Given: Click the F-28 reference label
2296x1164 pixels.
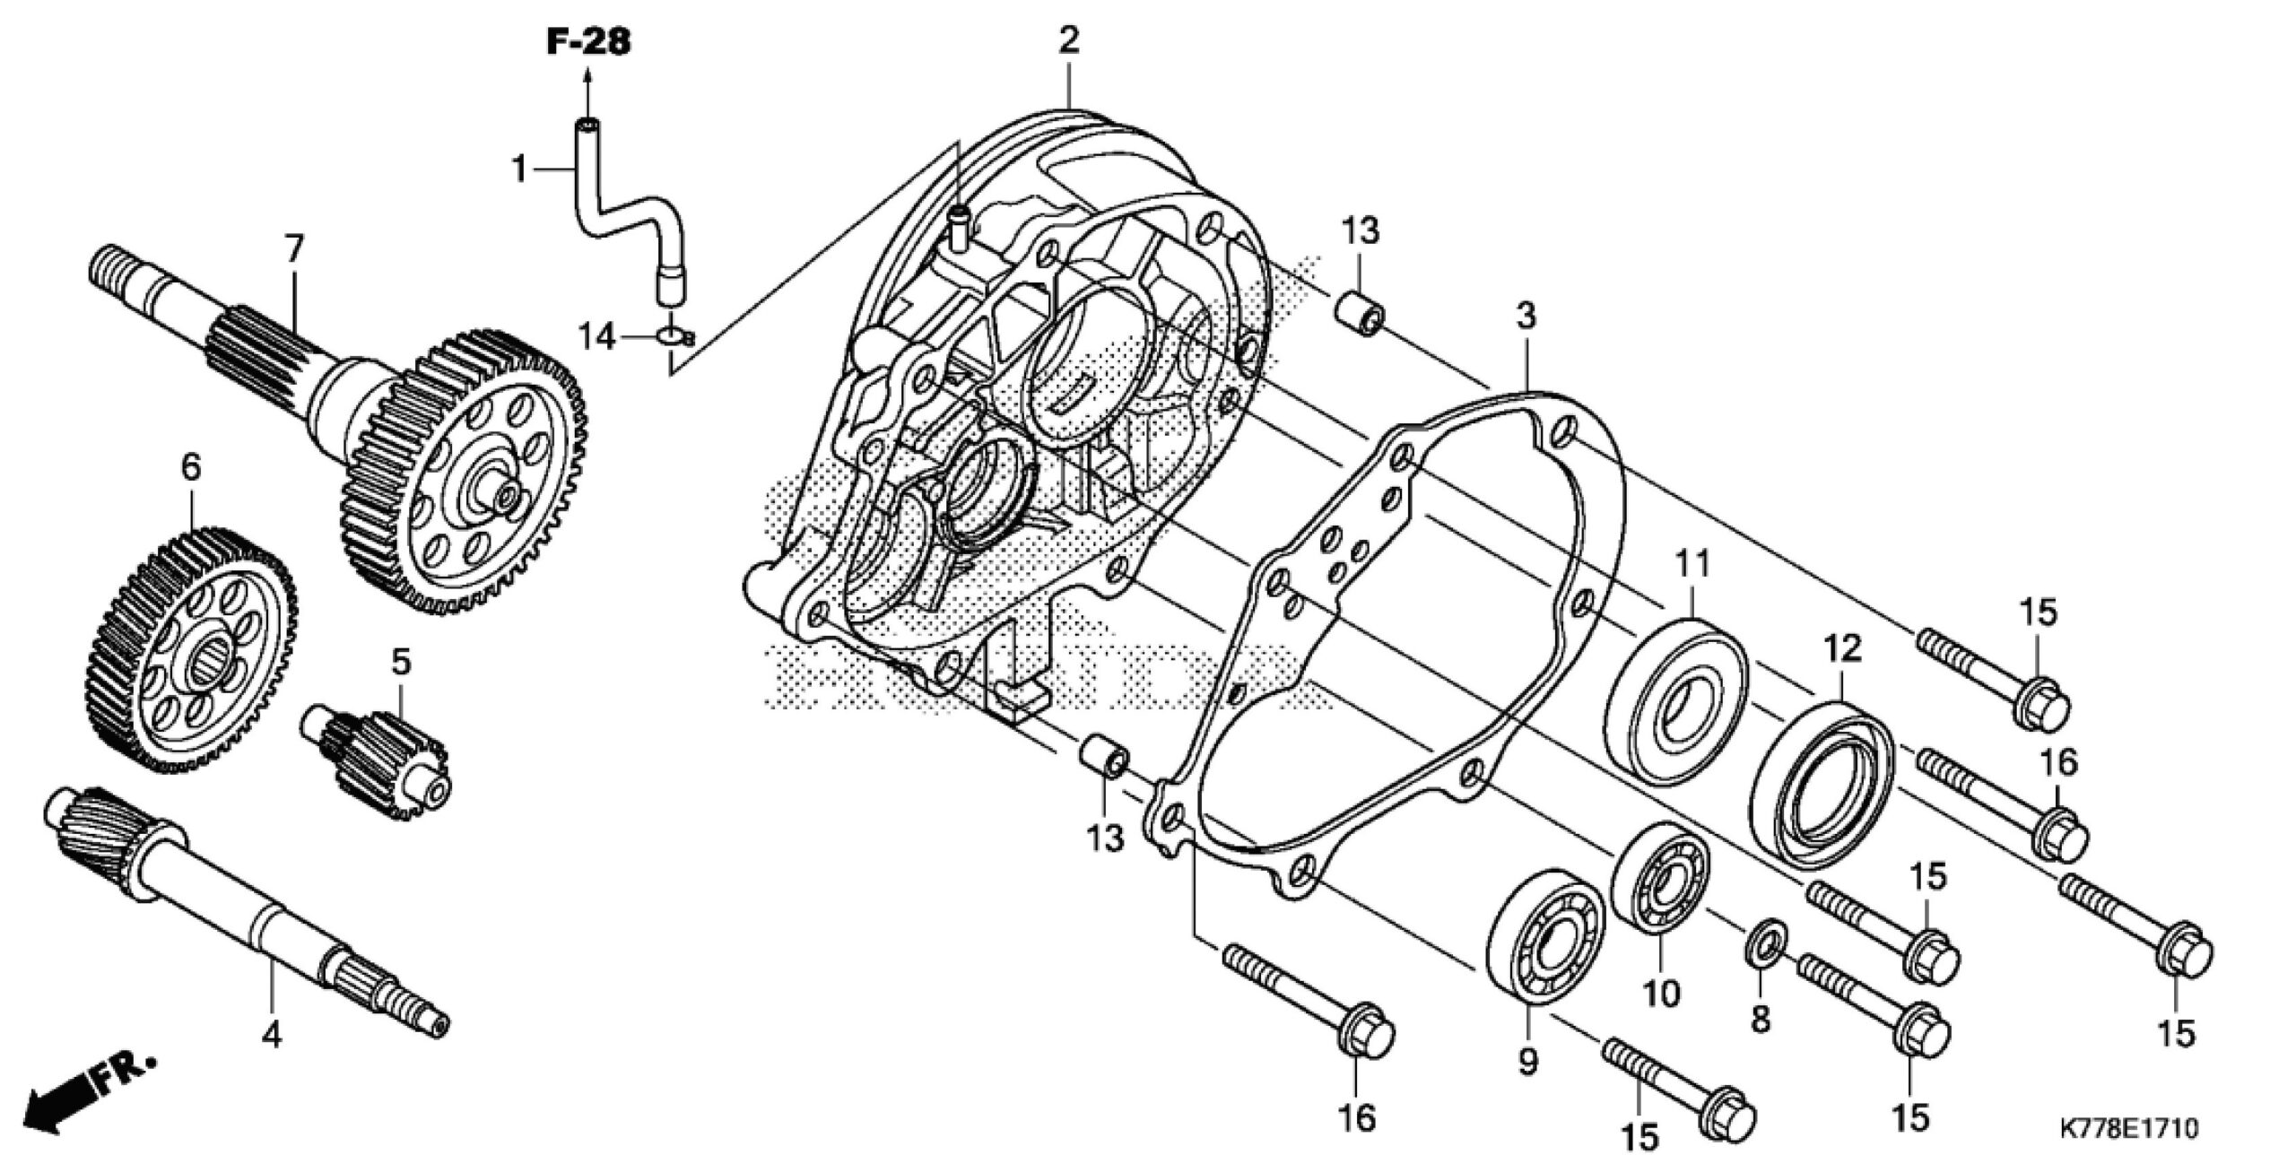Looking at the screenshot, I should click(588, 41).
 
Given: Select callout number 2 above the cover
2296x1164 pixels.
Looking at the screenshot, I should click(1068, 41).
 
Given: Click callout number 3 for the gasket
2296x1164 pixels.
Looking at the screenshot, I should click(1526, 317).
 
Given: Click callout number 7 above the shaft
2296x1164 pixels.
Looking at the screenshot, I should click(294, 248).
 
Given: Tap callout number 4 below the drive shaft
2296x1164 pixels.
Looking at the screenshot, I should click(271, 1036).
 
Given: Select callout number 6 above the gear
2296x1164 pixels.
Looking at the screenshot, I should click(190, 467).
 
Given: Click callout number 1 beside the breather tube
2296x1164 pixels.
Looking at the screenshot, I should click(518, 168).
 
